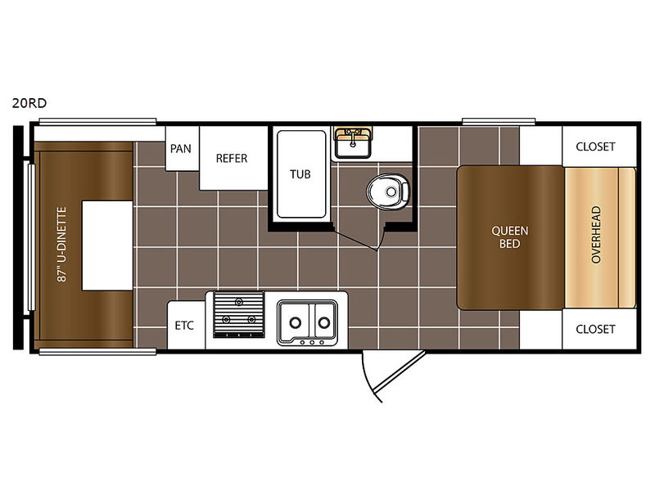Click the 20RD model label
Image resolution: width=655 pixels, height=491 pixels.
29,103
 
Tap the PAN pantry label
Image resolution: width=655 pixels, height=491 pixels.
180,149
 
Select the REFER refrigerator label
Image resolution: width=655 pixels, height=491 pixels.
232,158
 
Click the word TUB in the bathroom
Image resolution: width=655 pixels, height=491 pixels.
300,174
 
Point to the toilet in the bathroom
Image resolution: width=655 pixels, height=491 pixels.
387,191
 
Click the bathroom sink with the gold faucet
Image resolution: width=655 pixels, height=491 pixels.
353,142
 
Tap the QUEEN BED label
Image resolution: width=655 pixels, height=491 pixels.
509,237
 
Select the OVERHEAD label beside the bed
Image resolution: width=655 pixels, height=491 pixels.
596,234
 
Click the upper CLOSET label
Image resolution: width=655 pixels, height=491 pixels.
595,146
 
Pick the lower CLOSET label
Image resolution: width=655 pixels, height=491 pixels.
595,329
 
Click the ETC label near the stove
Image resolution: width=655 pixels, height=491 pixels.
184,325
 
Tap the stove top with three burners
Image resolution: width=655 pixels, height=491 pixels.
239,314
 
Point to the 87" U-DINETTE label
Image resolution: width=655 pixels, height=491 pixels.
62,245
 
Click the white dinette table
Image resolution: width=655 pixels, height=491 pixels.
107,245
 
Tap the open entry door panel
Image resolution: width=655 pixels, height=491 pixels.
399,373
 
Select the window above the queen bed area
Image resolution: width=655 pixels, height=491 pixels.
499,121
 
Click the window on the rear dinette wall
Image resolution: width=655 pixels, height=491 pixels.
31,237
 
